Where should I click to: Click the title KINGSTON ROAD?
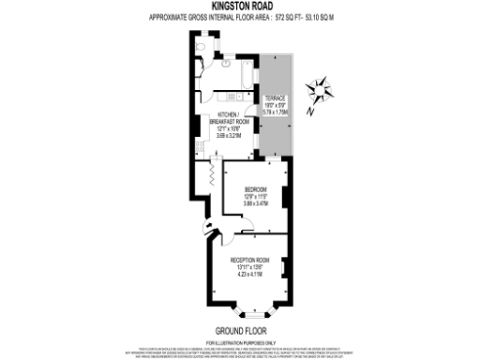point(239,5)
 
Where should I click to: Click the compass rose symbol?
point(321,91)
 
